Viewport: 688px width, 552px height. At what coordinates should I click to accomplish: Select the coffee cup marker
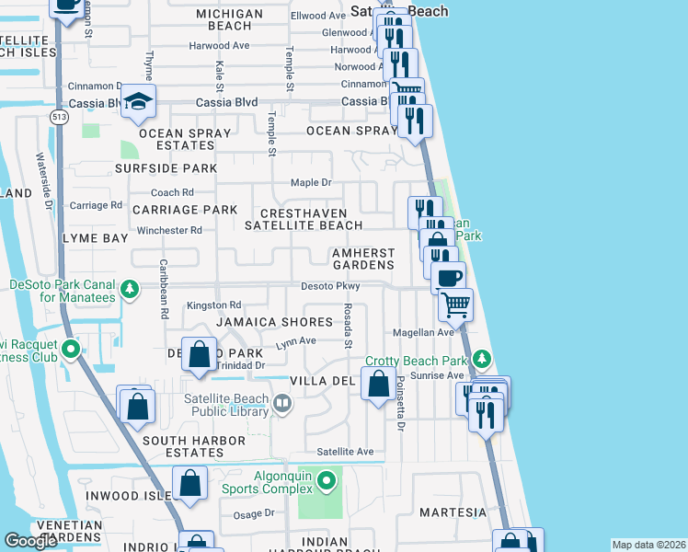448,277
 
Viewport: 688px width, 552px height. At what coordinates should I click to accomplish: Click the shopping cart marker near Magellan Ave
455,304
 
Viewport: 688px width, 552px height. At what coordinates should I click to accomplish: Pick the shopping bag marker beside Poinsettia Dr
378,384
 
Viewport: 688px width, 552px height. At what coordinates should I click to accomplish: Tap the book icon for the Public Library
283,401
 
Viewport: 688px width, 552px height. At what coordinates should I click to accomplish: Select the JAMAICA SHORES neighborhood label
273,322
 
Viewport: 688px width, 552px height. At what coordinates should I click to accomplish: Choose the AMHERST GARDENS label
362,259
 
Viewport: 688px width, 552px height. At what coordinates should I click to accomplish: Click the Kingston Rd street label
213,305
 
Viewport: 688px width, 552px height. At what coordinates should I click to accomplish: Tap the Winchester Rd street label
168,230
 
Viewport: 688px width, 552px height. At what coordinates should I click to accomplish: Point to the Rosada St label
349,327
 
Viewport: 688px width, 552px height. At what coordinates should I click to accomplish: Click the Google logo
32,541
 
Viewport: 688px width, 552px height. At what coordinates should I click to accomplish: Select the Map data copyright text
648,545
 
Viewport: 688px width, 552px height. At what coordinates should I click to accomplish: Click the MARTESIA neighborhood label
453,512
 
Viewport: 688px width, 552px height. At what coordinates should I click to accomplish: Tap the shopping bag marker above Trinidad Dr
199,355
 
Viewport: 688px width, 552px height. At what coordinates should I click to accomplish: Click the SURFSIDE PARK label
166,168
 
